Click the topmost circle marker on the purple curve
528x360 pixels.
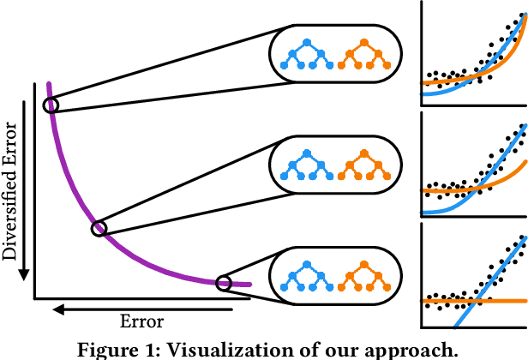pos(51,105)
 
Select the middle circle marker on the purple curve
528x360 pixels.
pos(99,204)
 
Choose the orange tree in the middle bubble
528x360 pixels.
pos(363,163)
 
